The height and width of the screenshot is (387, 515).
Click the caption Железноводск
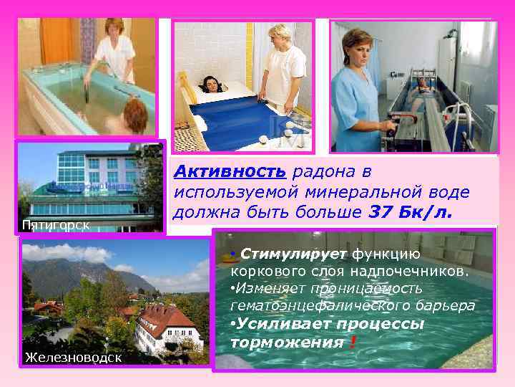click(71, 357)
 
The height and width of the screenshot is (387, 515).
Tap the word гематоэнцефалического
click(322, 305)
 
